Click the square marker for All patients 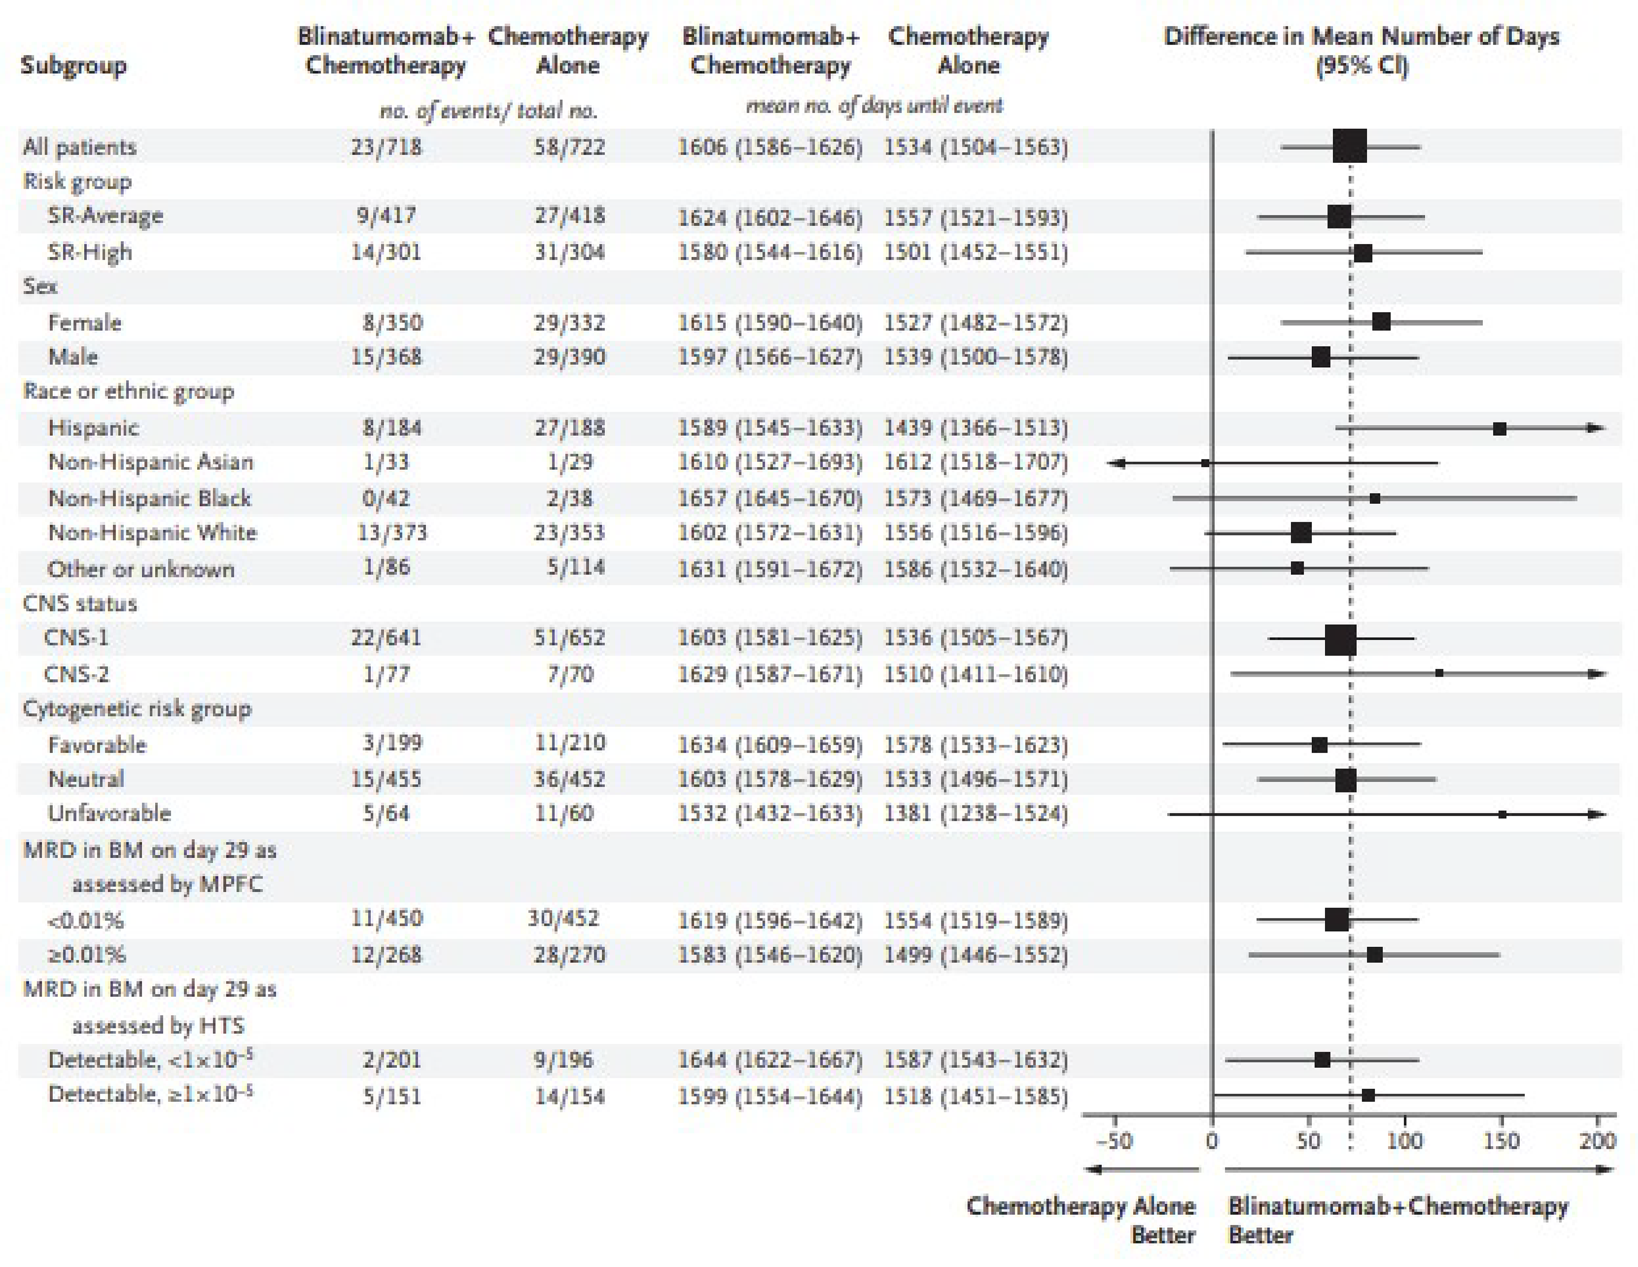pyautogui.click(x=1349, y=146)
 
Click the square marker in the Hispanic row pyautogui.click(x=1499, y=429)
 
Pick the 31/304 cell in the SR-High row pyautogui.click(x=569, y=252)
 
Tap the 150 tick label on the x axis pyautogui.click(x=1501, y=1141)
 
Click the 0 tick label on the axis pyautogui.click(x=1212, y=1141)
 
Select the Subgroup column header pyautogui.click(x=74, y=65)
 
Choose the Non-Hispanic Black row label pyautogui.click(x=149, y=498)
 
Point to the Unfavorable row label pyautogui.click(x=110, y=814)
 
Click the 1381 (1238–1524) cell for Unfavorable pyautogui.click(x=975, y=814)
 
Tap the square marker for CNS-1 pyautogui.click(x=1340, y=639)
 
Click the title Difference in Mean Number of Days pyautogui.click(x=1361, y=36)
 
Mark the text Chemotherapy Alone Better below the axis pyautogui.click(x=1080, y=1220)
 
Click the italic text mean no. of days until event pyautogui.click(x=874, y=106)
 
